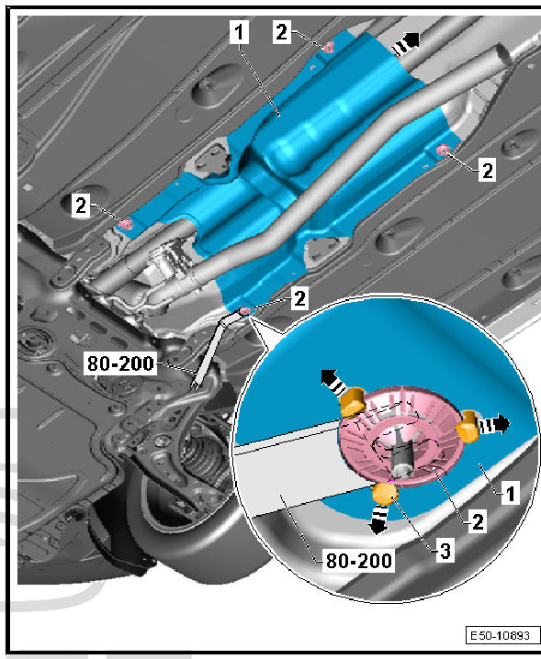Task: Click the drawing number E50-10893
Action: [x=502, y=634]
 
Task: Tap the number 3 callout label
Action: [x=445, y=551]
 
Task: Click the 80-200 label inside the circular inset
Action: [x=359, y=561]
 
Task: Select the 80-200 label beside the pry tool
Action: [x=120, y=363]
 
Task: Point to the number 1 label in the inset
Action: [x=511, y=494]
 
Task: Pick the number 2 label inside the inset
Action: [x=478, y=522]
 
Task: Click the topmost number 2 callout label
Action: [x=281, y=31]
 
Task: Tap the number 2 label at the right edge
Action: [x=487, y=170]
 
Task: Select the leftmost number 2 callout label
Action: [x=80, y=206]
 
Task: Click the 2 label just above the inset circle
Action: [x=299, y=298]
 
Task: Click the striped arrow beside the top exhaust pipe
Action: [x=406, y=44]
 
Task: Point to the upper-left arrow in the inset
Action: [x=334, y=381]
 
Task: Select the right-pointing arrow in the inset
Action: [x=494, y=425]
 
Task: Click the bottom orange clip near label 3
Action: [x=386, y=493]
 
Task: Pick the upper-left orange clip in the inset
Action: [x=353, y=402]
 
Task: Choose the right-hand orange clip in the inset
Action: [x=468, y=426]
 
